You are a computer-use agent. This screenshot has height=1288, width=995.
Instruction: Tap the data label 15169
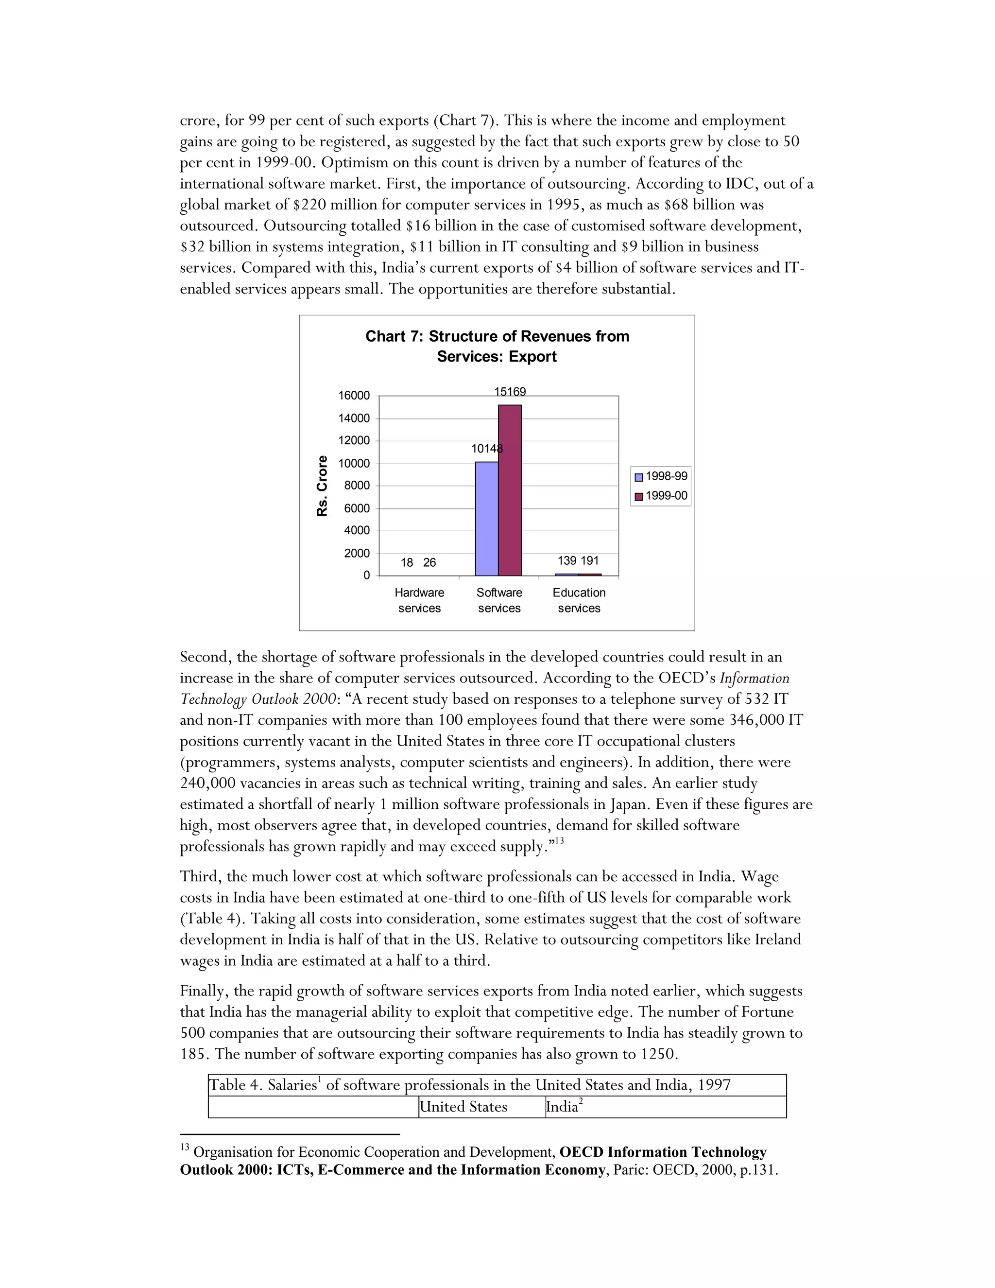click(510, 392)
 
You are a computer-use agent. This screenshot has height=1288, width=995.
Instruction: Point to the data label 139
click(566, 560)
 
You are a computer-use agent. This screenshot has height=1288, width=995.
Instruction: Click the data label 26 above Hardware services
click(429, 563)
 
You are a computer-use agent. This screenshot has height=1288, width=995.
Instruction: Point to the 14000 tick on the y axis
click(354, 418)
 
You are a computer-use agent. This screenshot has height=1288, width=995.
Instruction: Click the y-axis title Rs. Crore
click(322, 486)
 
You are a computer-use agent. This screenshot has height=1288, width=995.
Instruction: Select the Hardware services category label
click(419, 600)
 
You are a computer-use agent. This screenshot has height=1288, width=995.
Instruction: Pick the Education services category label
click(579, 600)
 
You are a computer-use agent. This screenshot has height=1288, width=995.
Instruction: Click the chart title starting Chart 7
click(497, 346)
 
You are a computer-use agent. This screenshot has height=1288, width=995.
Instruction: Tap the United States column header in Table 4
click(464, 1107)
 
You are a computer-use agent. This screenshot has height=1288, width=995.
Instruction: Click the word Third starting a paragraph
click(200, 876)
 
